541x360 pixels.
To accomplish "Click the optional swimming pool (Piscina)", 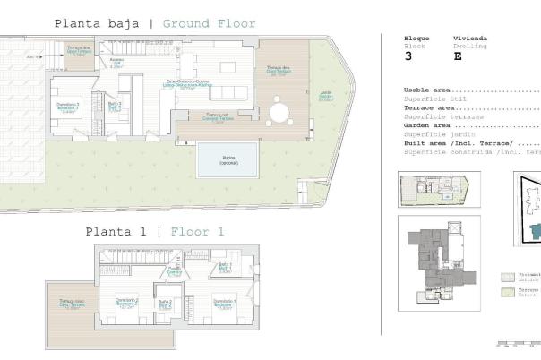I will (228, 161).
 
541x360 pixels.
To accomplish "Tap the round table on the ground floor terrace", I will (279, 112).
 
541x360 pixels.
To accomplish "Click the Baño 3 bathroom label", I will (114, 106).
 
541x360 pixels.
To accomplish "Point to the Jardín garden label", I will (326, 97).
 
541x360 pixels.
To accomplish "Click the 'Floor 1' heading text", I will (197, 231).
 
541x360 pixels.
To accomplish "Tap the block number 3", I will (409, 56).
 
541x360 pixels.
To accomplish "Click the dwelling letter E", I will (458, 56).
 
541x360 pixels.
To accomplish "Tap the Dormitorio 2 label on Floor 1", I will (126, 303).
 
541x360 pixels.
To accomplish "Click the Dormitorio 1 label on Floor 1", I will (225, 303).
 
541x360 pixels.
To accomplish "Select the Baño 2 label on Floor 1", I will (165, 304).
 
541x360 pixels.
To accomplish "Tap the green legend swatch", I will (508, 292).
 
